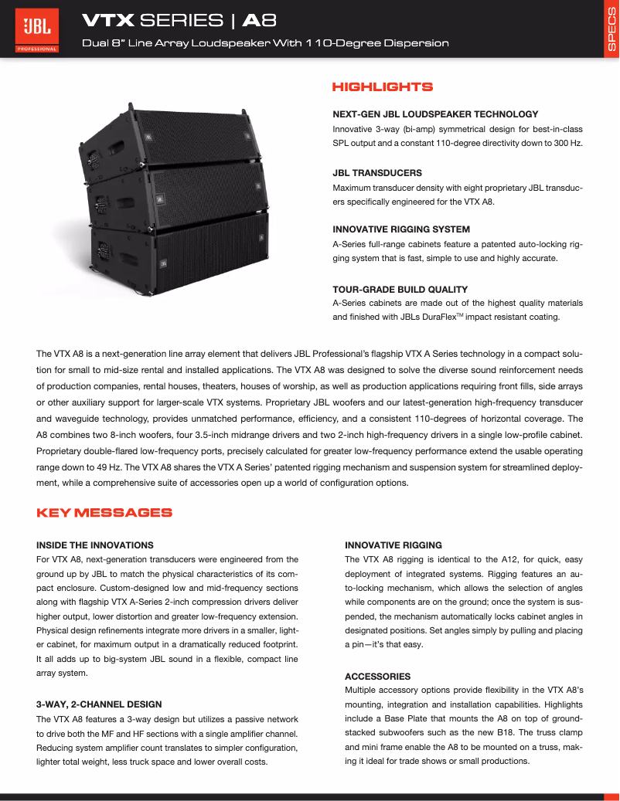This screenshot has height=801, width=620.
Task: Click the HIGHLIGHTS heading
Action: tap(382, 87)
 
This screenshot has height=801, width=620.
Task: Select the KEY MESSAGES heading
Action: tap(104, 513)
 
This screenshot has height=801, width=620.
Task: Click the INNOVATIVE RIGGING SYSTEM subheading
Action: tap(401, 229)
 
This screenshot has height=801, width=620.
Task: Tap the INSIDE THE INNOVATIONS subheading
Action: tap(95, 545)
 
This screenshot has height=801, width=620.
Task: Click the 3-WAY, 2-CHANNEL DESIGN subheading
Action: tap(99, 704)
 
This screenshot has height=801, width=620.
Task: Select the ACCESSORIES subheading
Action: tap(378, 677)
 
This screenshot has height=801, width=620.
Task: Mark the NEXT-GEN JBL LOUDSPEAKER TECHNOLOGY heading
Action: tap(435, 114)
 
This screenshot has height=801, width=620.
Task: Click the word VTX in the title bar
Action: tap(108, 19)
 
